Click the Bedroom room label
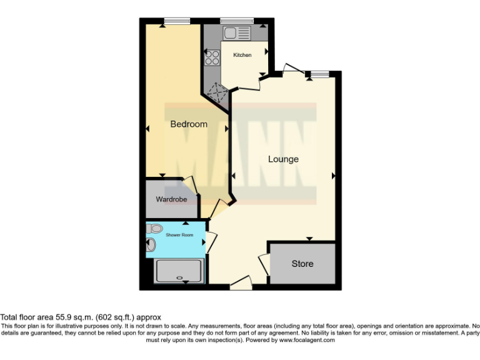tap(189, 124)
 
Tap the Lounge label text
tap(283, 159)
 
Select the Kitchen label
tap(242, 55)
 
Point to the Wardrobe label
tap(171, 200)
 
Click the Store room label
tap(302, 264)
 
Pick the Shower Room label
tap(180, 235)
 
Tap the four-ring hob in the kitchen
tap(212, 57)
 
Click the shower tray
tap(180, 272)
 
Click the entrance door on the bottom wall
tap(241, 285)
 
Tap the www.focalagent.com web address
tap(307, 341)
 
